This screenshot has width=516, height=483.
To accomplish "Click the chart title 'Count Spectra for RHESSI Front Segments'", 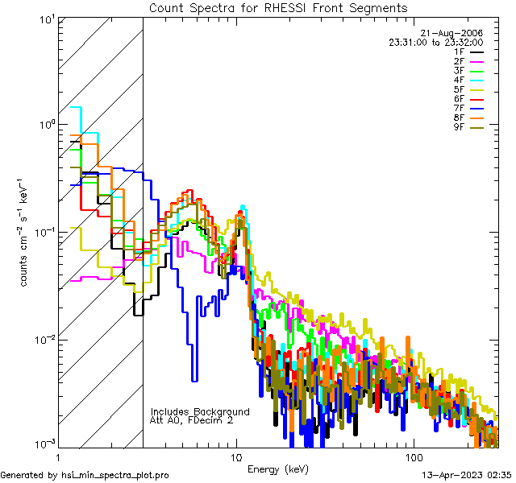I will [278, 7].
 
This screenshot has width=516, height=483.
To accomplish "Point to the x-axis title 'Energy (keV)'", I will [278, 469].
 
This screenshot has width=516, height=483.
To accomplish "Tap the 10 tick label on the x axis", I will [235, 456].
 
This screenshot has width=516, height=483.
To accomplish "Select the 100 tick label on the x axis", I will [412, 456].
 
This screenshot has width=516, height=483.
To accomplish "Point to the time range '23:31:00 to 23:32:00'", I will [435, 43].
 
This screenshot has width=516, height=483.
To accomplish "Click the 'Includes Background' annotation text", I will [200, 411].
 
